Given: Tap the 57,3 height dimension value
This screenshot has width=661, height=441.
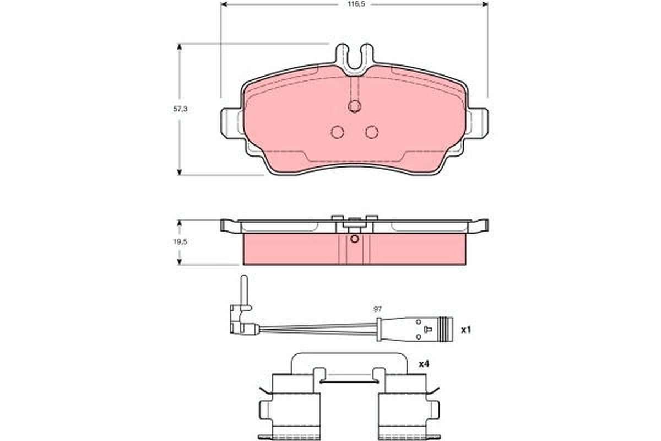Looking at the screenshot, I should coord(181,109).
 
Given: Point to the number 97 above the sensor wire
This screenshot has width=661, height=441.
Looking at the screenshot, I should coord(377,310).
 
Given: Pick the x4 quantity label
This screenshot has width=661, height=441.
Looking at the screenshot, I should coord(424,364).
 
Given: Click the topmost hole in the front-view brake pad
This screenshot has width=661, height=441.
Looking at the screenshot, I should coord(355,106).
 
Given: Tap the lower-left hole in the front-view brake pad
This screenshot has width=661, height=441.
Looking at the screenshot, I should coord(338,132).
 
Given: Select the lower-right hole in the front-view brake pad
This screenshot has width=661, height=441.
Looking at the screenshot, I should coord(372,132).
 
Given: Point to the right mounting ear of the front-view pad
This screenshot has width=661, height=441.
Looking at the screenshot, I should coord(478,122).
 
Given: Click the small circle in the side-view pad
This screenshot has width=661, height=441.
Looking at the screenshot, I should coord(355,239).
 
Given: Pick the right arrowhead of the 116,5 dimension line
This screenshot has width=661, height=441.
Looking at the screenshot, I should coord(485,4).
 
